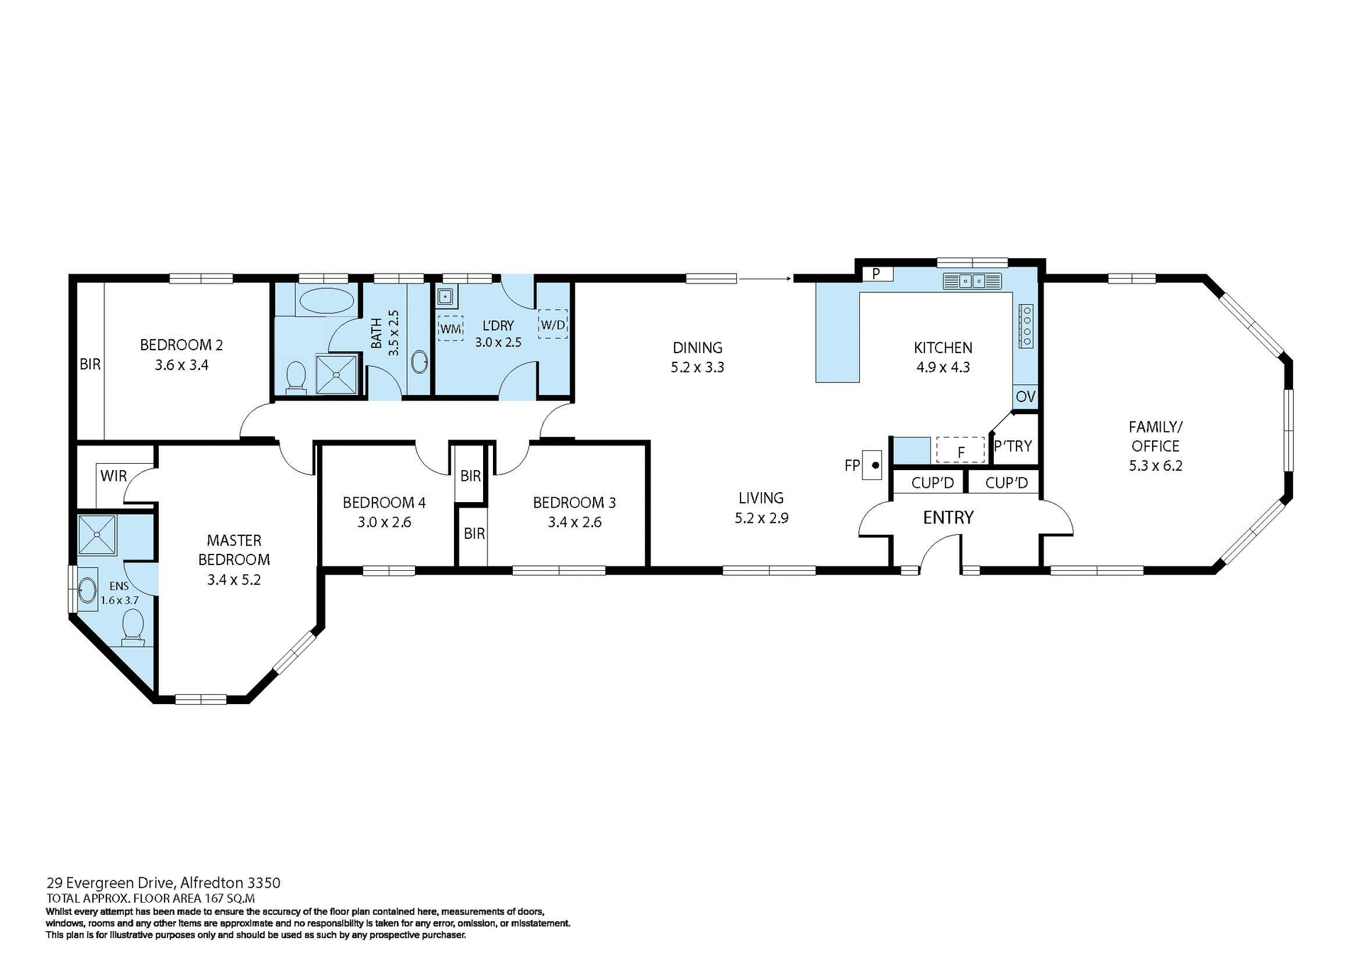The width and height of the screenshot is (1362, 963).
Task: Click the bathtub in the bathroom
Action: coord(326,301)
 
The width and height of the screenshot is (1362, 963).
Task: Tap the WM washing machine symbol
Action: coord(450,328)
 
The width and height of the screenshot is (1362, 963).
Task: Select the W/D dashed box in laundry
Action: coord(553,324)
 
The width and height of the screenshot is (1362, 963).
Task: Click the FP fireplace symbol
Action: coord(871,465)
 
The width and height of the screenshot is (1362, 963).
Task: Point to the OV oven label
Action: coord(1025,396)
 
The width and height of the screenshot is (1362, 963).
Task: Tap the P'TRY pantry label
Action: coord(1012,446)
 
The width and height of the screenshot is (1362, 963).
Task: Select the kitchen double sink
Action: coord(972,282)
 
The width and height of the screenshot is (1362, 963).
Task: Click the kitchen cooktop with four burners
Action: coord(1026,326)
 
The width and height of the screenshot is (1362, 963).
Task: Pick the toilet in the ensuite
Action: coord(133,629)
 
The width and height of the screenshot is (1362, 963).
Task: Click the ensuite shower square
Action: coord(97,535)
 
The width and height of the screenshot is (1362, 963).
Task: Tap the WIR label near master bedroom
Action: coord(113,475)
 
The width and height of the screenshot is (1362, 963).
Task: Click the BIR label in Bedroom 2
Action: coord(90,364)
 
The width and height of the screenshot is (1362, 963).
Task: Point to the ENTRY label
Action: coord(948,518)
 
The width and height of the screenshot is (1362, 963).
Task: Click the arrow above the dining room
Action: coord(765,279)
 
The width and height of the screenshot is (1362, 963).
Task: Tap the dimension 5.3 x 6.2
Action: coord(1156,466)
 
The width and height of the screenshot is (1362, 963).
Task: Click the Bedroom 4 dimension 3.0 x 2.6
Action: coord(384,523)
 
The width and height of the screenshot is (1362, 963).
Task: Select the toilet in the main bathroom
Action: coord(295,377)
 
